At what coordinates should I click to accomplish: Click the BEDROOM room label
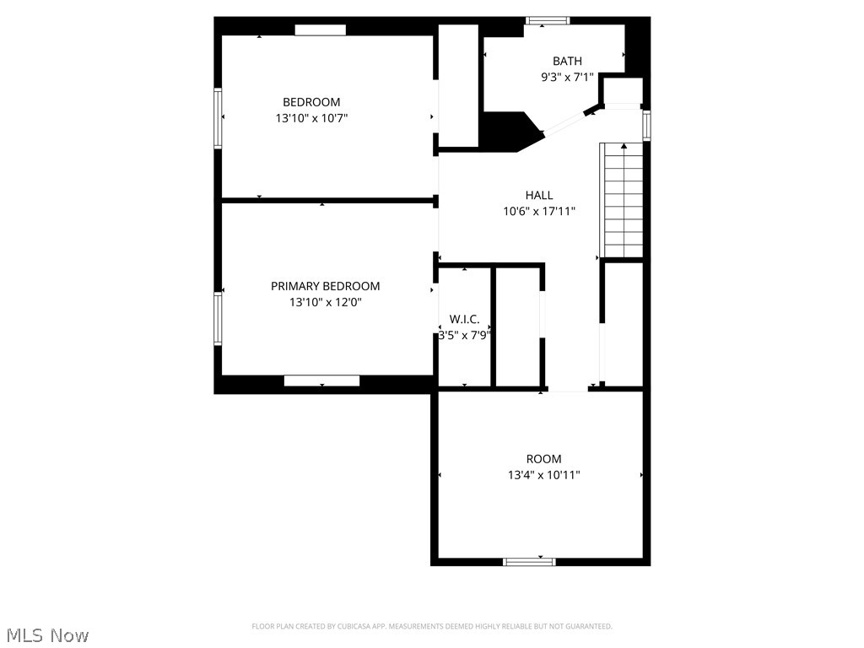tap(311, 102)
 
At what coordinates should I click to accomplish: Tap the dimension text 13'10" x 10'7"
tap(311, 119)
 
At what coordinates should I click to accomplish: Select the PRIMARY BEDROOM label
tap(325, 286)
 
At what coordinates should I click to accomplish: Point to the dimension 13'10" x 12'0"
tap(325, 302)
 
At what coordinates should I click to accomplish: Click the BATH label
tap(567, 61)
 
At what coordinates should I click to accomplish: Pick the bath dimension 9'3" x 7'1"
tap(567, 77)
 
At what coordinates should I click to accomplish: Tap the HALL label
tap(539, 195)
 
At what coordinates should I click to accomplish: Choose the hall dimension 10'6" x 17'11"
tap(539, 212)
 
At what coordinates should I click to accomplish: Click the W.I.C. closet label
tap(464, 319)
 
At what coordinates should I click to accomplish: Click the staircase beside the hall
tap(622, 201)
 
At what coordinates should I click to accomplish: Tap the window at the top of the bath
tap(548, 20)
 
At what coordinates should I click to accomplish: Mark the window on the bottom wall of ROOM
tap(529, 561)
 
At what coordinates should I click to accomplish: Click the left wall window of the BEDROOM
tap(218, 118)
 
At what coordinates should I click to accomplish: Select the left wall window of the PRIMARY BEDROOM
tap(218, 318)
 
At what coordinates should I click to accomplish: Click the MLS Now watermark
tap(47, 634)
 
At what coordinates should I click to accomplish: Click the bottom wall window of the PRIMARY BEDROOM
tap(321, 381)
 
